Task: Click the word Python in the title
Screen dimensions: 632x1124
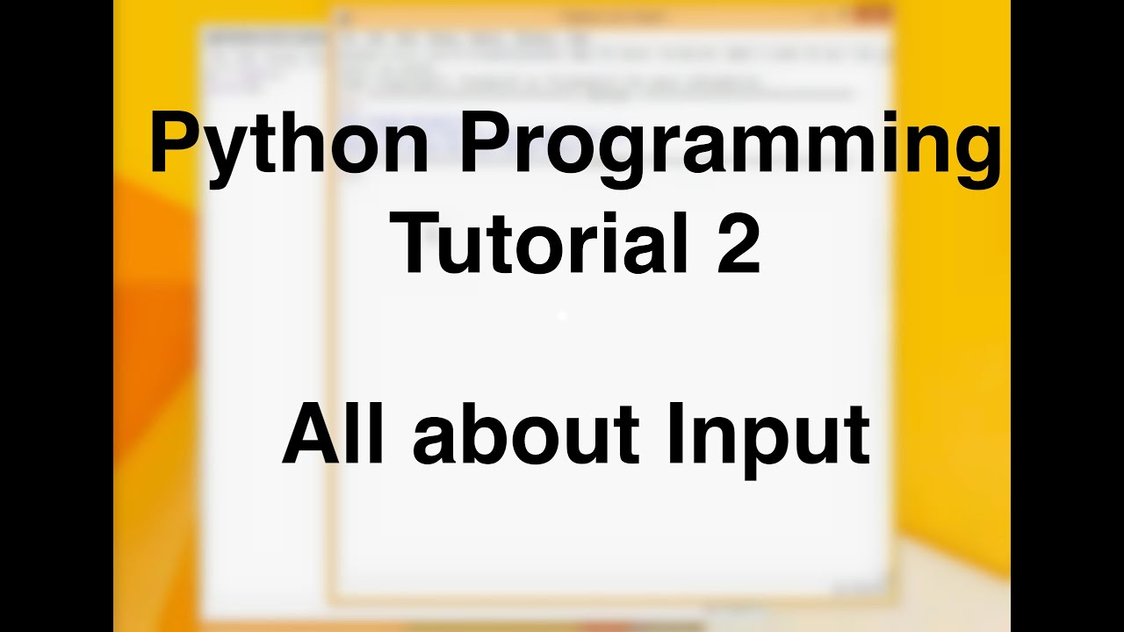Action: [x=288, y=145]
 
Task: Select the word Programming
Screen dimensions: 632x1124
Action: [x=729, y=145]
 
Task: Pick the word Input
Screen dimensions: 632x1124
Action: [x=767, y=435]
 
